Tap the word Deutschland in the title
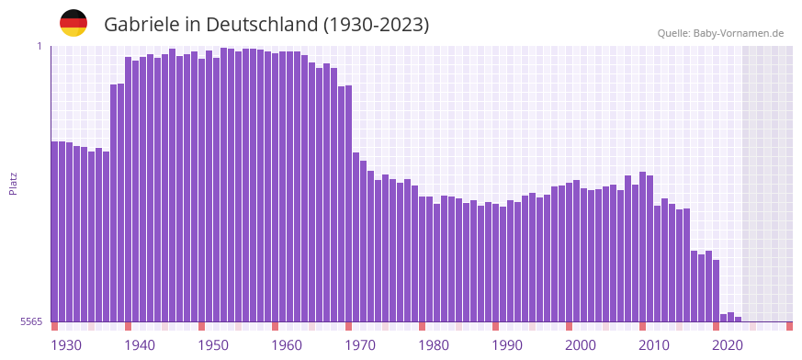click(260, 25)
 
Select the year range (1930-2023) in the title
click(376, 25)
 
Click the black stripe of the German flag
click(73, 15)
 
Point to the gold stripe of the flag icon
click(73, 31)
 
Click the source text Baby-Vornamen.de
click(739, 33)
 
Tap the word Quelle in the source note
click(673, 33)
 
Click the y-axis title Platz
click(13, 183)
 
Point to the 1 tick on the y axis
click(39, 46)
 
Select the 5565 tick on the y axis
click(30, 321)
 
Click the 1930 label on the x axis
click(66, 345)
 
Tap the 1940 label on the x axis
click(140, 345)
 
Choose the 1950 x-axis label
click(213, 345)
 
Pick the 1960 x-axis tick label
click(287, 345)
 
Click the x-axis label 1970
click(360, 345)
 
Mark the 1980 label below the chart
click(434, 345)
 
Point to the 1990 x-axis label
click(507, 345)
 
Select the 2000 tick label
click(581, 345)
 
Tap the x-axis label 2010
click(654, 345)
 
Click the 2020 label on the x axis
click(728, 345)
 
